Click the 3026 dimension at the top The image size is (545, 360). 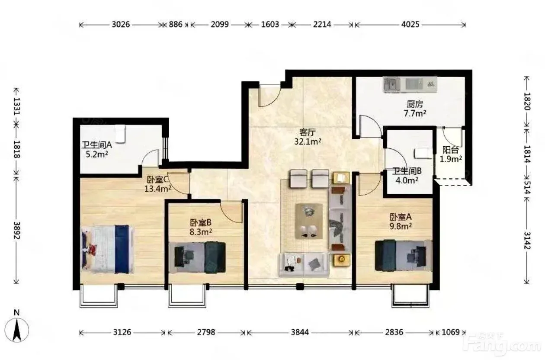point(121,25)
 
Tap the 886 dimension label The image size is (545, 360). point(176,25)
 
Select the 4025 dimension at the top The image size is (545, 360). point(410,25)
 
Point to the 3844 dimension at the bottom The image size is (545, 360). point(300,332)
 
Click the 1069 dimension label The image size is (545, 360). point(451,332)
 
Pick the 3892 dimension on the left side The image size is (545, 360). point(16,230)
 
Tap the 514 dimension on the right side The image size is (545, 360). point(527,187)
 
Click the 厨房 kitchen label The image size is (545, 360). point(415,104)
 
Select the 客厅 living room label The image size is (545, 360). point(308,132)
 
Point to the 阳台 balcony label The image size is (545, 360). point(451,150)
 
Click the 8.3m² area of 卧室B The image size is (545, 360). point(201,232)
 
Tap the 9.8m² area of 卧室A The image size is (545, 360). point(401,226)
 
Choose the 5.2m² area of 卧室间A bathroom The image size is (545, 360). point(97,154)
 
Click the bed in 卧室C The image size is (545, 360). point(107,249)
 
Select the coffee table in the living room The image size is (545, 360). point(309,221)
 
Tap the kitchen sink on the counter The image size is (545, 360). point(391,84)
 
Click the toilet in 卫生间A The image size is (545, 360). point(120,134)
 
